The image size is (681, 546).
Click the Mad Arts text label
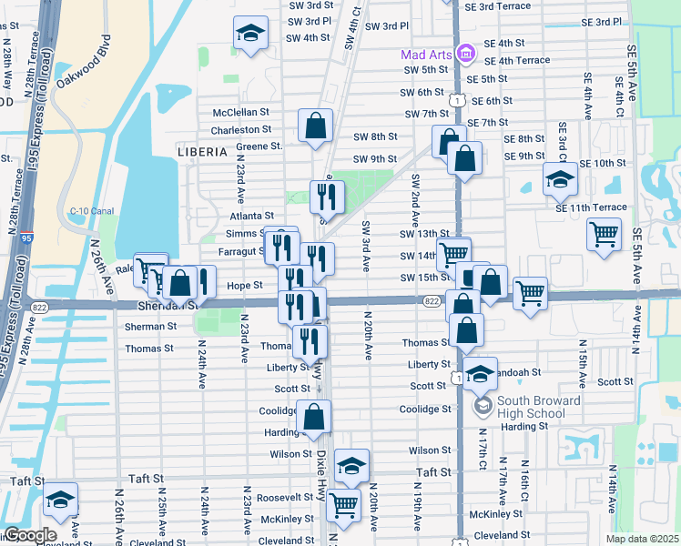pos(426,55)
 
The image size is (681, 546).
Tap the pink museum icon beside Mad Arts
pos(465,54)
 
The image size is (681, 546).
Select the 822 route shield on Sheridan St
pos(432,300)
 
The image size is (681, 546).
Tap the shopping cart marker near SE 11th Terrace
pos(604,236)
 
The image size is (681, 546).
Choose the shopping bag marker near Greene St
pos(315,126)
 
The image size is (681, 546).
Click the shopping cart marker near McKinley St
pos(343,503)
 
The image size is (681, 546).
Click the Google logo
pos(30,535)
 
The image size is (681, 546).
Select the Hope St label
pos(245,285)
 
